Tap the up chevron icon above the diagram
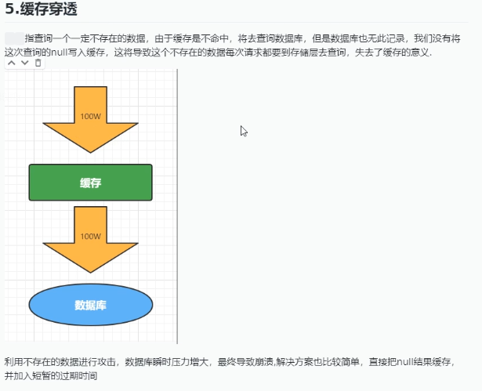pos(12,63)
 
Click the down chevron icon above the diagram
pos(25,63)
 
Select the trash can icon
pos(38,63)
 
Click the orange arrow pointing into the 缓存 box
pos(91,118)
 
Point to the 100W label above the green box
pos(91,116)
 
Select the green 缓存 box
pos(91,183)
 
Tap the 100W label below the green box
pos(91,236)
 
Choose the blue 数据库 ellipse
pos(91,305)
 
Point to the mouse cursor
pos(243,130)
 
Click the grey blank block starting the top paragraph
pos(13,38)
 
